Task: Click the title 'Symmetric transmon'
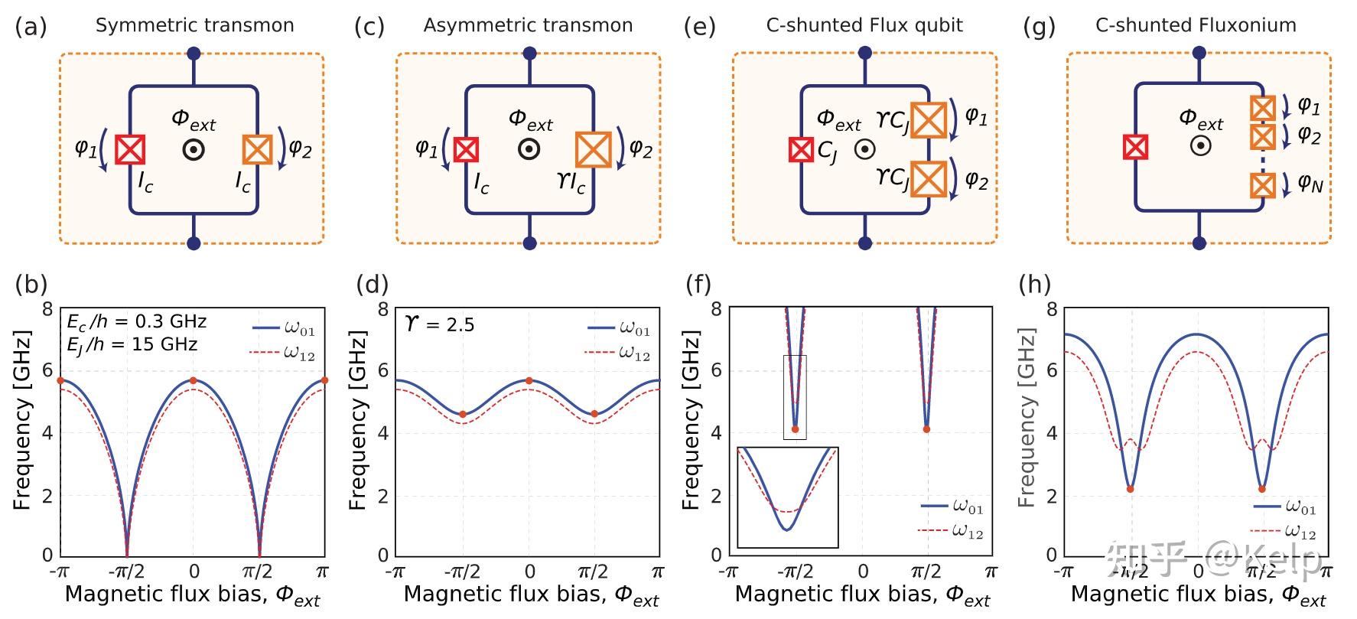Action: pos(194,25)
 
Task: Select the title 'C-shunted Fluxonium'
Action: pos(1196,25)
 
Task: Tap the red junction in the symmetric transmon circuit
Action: pos(129,149)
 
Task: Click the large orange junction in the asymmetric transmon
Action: pos(593,149)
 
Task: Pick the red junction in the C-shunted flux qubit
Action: pos(801,149)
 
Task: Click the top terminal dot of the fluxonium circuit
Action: pos(1199,54)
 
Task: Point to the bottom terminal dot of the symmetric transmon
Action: pos(194,243)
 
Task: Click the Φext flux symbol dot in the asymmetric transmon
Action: pos(529,149)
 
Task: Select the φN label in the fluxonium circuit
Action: pos(1310,184)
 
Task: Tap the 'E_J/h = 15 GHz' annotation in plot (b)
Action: pos(132,344)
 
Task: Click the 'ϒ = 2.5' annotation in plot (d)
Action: pos(439,324)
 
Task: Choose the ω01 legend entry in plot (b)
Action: pos(284,329)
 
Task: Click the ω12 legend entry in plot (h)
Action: pos(1285,530)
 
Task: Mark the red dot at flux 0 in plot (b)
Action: pos(194,380)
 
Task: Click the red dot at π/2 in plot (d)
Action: pos(594,414)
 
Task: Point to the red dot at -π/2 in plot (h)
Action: pos(1130,489)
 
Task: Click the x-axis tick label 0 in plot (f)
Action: pos(863,572)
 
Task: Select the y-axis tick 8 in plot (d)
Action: pos(383,309)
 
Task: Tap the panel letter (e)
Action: pos(699,27)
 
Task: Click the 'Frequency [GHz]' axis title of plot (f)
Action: pos(692,421)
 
